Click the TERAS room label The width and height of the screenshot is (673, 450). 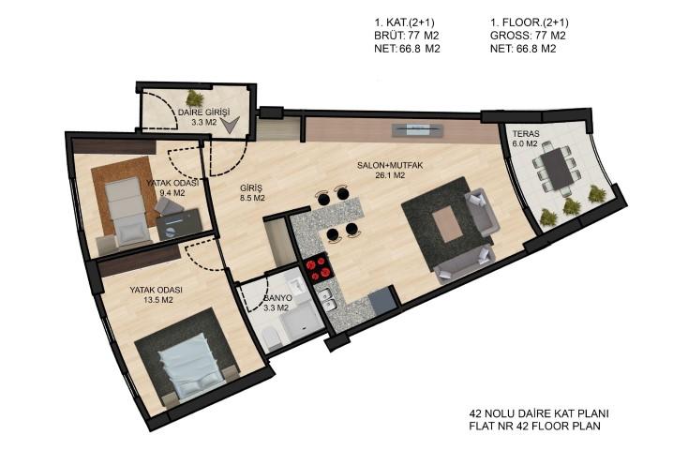pyautogui.click(x=525, y=134)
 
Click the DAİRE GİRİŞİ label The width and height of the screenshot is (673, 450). pyautogui.click(x=204, y=112)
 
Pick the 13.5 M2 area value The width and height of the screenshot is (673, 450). pyautogui.click(x=158, y=300)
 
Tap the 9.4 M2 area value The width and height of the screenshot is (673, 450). pyautogui.click(x=172, y=193)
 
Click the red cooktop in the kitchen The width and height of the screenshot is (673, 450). pyautogui.click(x=318, y=267)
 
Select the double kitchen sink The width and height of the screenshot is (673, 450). pyautogui.click(x=328, y=300)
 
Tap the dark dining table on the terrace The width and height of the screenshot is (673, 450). pyautogui.click(x=556, y=169)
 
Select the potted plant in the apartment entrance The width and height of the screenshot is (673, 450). pyautogui.click(x=196, y=97)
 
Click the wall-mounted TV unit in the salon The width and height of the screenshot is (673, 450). pyautogui.click(x=417, y=129)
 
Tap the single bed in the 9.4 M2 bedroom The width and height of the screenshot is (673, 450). pyautogui.click(x=126, y=211)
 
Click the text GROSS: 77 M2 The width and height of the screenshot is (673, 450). pyautogui.click(x=528, y=36)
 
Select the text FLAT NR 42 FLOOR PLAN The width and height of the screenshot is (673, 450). pyautogui.click(x=535, y=427)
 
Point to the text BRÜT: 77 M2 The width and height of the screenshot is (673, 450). pyautogui.click(x=407, y=36)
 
